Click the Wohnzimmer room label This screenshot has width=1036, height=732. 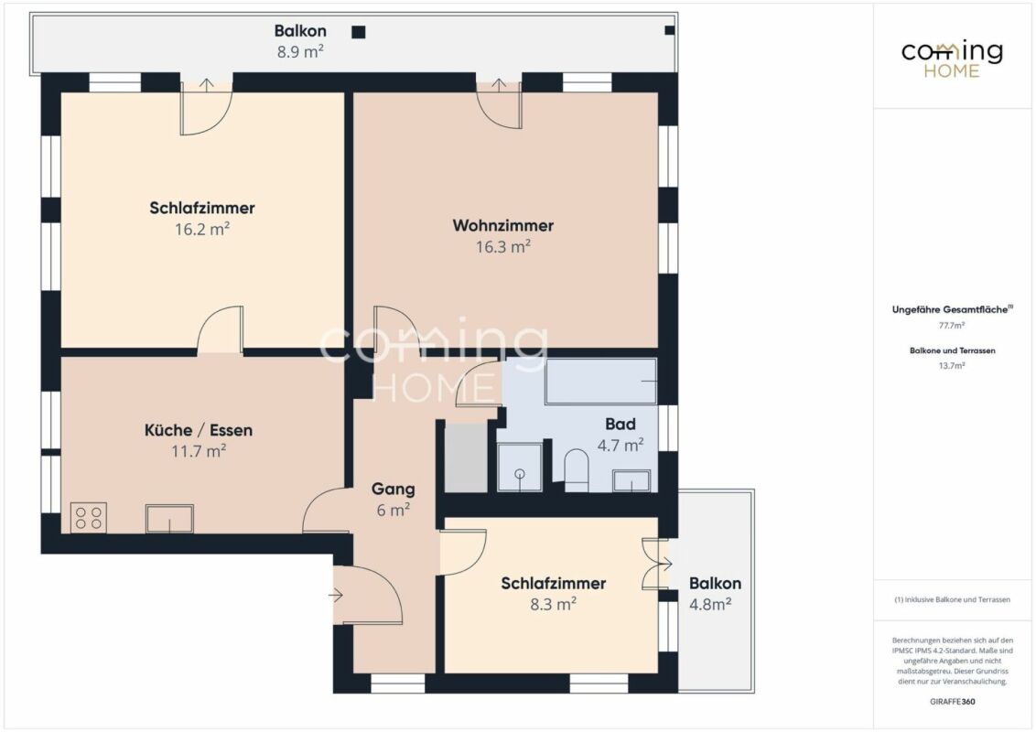point(502,225)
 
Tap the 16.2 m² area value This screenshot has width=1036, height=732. point(202,230)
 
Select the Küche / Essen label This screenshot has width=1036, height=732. point(199,430)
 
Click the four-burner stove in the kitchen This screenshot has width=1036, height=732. point(89,517)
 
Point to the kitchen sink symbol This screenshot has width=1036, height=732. point(170,519)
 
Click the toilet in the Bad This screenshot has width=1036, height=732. point(577,470)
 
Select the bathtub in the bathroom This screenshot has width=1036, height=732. point(600,382)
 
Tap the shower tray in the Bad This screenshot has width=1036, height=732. point(519,467)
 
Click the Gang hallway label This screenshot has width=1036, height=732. point(394,489)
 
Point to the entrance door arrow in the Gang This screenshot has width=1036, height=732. point(336,596)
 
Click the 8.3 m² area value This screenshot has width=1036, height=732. point(554,604)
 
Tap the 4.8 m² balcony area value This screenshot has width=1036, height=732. point(710,604)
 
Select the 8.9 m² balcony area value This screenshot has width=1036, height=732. point(300,51)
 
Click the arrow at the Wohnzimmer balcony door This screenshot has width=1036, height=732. point(499,85)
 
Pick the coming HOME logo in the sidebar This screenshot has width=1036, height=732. point(952,59)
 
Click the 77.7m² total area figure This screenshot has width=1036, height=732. point(952,325)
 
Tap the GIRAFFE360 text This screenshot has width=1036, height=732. point(952,701)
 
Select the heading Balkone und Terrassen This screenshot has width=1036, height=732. point(952,350)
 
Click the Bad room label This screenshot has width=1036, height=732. point(621,425)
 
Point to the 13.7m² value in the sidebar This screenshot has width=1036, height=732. point(952,365)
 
